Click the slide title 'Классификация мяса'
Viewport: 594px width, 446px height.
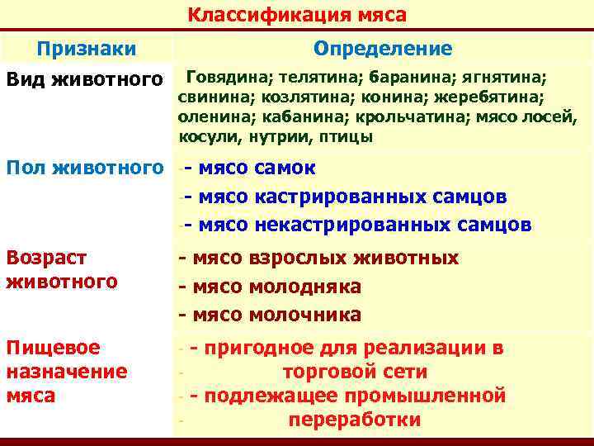pyautogui.click(x=297, y=15)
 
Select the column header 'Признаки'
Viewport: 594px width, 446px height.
pyautogui.click(x=87, y=49)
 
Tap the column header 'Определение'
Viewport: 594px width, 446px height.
pyautogui.click(x=383, y=49)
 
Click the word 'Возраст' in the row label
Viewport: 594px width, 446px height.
pyautogui.click(x=48, y=259)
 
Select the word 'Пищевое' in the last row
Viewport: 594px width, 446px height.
pyautogui.click(x=53, y=348)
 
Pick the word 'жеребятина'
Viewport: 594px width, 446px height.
pyautogui.click(x=497, y=97)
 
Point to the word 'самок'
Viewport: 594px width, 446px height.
pyautogui.click(x=285, y=168)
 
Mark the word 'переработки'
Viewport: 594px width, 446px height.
pyautogui.click(x=355, y=420)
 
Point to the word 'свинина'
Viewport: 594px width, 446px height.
pyautogui.click(x=207, y=97)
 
